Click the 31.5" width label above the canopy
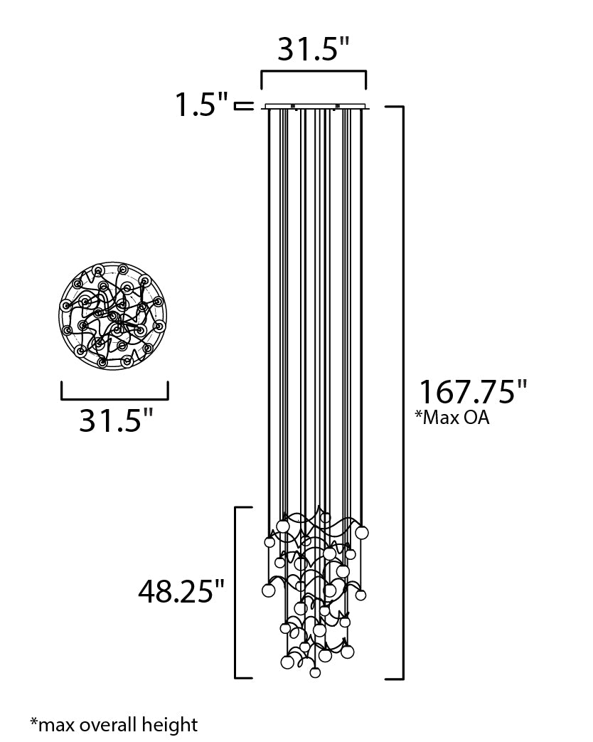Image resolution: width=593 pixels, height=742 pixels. (313, 49)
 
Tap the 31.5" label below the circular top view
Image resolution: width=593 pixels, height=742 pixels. (116, 420)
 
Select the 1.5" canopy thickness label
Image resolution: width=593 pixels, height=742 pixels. (202, 106)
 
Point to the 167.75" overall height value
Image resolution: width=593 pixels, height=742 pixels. (472, 392)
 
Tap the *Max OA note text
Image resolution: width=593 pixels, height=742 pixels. (452, 418)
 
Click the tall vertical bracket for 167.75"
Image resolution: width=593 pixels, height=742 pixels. (402, 391)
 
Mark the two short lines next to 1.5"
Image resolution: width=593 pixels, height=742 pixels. (244, 107)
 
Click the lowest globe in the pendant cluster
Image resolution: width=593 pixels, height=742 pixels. (316, 672)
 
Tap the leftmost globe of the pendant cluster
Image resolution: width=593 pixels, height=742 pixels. (268, 590)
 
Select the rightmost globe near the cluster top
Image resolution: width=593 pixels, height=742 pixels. (362, 532)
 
